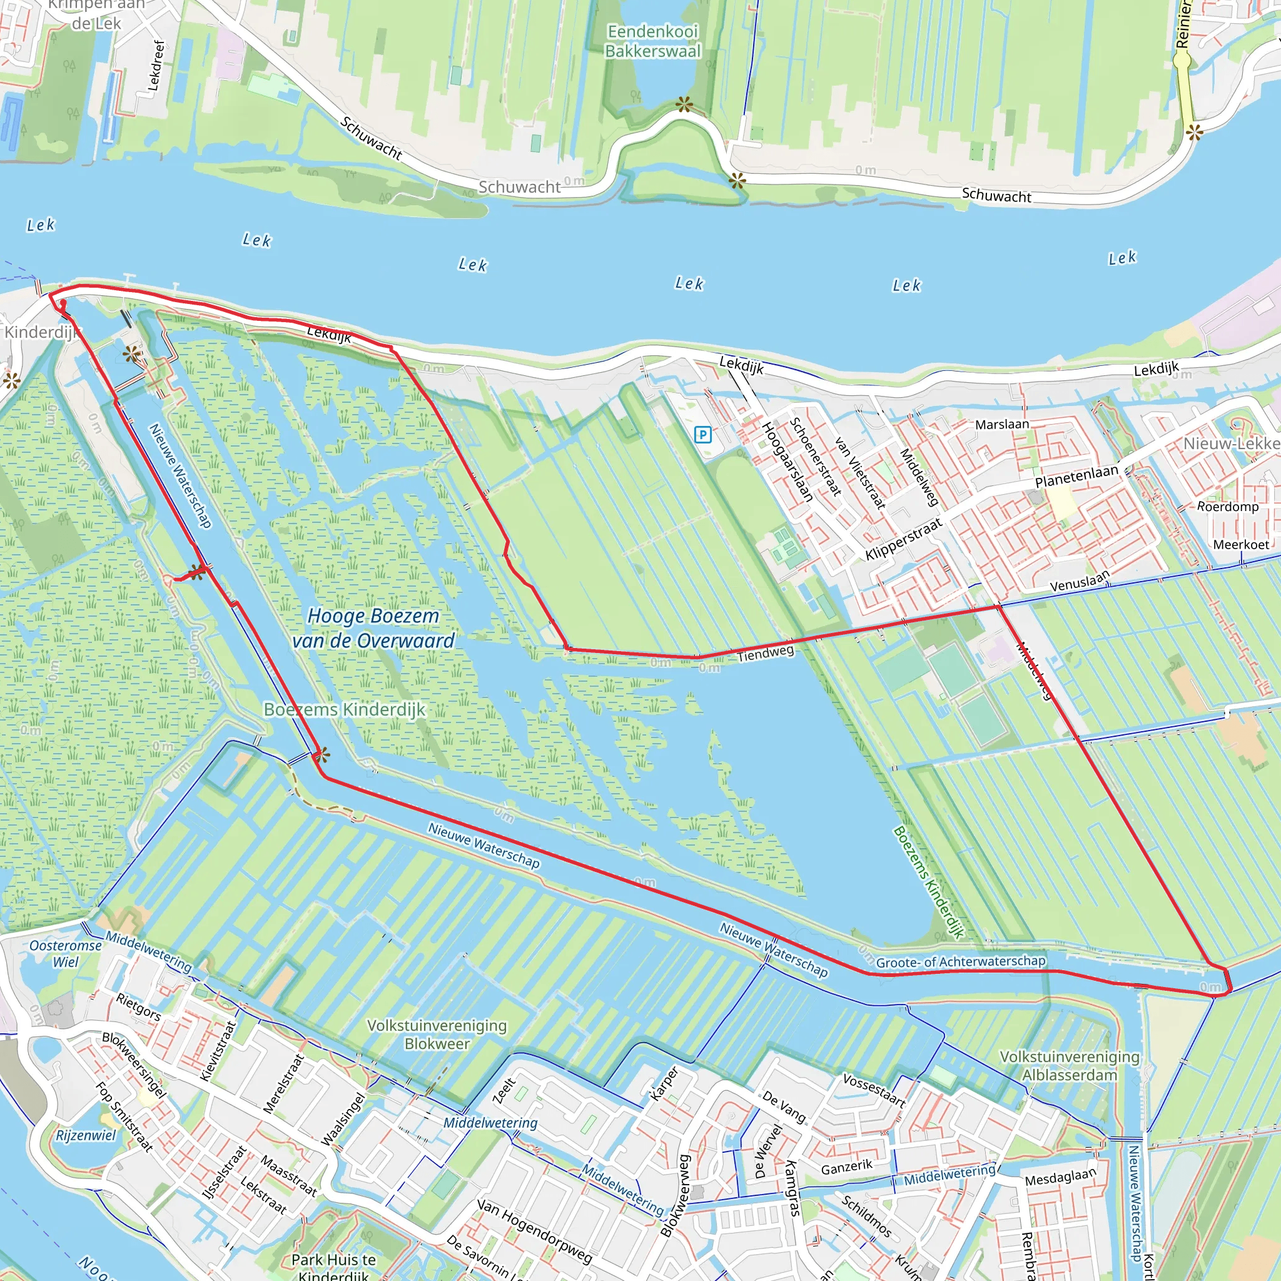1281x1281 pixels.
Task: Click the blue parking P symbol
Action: (703, 435)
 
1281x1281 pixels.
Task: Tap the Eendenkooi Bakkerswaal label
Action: (652, 41)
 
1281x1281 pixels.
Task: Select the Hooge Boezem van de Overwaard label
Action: (373, 628)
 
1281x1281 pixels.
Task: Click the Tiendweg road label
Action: (765, 653)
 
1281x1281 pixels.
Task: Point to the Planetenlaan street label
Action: (1077, 476)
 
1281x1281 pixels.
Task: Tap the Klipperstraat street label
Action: (904, 539)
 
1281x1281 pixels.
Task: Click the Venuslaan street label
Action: (1080, 582)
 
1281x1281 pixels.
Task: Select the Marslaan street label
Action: (1002, 424)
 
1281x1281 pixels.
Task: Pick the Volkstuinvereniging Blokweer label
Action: (437, 1035)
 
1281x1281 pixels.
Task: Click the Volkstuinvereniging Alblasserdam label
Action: (1070, 1065)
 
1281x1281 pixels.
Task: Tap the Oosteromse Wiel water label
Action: (66, 953)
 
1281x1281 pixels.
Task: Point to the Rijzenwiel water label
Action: (86, 1135)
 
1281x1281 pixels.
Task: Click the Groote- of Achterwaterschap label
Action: (960, 961)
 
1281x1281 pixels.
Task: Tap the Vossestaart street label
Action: (874, 1090)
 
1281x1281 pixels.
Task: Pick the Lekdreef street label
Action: (156, 65)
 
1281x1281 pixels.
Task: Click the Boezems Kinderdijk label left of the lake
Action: (344, 709)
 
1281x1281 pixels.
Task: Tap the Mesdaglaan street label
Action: (1060, 1177)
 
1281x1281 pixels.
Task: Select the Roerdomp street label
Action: (1227, 507)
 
